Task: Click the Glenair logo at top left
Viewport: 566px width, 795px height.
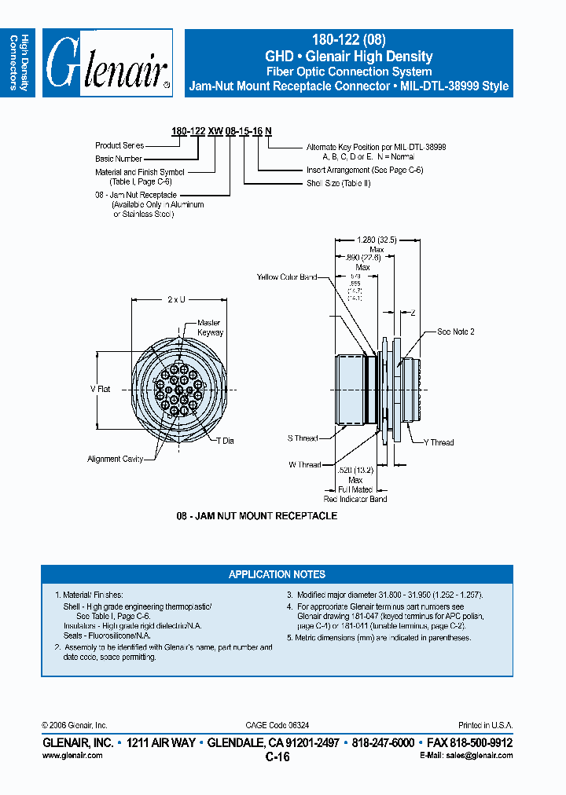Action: click(x=107, y=63)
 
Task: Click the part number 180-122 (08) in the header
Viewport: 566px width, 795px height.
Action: click(x=348, y=42)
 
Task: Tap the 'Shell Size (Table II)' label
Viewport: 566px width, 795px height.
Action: click(x=338, y=183)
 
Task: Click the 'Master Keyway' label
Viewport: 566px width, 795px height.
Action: click(x=210, y=328)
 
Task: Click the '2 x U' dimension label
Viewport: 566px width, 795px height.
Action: click(x=176, y=299)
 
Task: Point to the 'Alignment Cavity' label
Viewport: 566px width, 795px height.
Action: click(x=115, y=459)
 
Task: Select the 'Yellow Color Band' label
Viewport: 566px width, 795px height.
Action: click(x=287, y=277)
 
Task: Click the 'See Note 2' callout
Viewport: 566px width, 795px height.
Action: click(x=456, y=332)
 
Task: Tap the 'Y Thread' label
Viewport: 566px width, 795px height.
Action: click(x=439, y=442)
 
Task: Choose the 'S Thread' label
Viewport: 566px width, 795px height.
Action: click(x=303, y=438)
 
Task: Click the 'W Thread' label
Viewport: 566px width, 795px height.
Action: click(x=304, y=464)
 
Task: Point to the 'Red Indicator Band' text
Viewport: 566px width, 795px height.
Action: click(x=355, y=499)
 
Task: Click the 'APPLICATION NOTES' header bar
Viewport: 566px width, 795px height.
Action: click(x=277, y=574)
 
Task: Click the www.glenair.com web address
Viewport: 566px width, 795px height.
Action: click(x=72, y=755)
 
